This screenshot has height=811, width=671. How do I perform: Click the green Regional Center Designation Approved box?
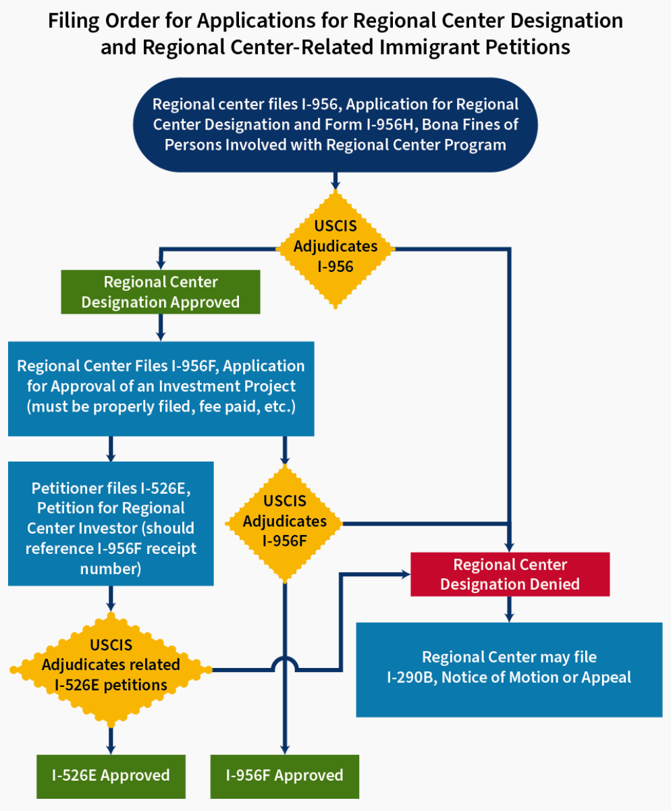click(161, 292)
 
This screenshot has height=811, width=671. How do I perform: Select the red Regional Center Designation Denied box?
click(510, 574)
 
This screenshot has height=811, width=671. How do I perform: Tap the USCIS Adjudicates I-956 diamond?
click(335, 246)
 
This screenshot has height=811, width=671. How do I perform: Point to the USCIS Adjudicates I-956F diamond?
click(285, 521)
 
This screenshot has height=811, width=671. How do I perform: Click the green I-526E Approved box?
click(111, 775)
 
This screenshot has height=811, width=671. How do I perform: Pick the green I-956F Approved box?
click(284, 775)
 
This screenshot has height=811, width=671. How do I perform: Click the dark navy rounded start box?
click(335, 125)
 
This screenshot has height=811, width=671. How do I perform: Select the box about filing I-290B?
click(509, 667)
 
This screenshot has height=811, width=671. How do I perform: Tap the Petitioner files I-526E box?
click(111, 522)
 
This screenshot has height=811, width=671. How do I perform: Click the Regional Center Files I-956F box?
click(161, 389)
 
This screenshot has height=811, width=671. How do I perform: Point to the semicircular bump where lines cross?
click(285, 664)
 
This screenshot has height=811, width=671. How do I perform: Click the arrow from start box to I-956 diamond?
click(335, 181)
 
